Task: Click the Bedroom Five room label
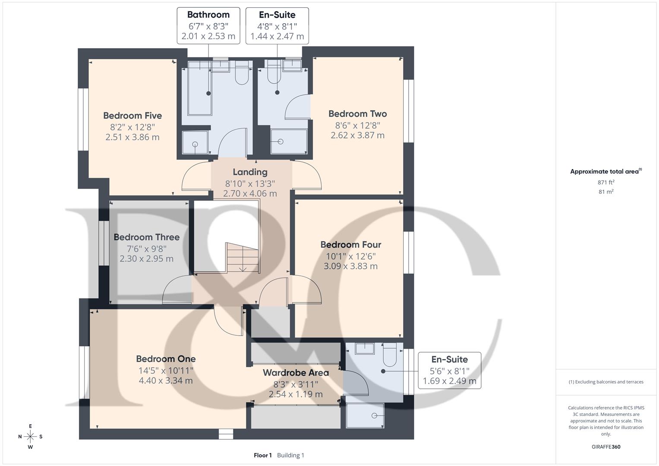pos(132,116)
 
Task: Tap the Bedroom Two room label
pos(357,114)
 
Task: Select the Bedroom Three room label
pos(146,237)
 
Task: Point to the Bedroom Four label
pos(350,245)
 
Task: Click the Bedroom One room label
pos(166,359)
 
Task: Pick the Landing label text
pos(250,172)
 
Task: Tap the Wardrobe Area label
pos(296,373)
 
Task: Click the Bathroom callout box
pos(208,25)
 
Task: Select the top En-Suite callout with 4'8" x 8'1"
pos(277,25)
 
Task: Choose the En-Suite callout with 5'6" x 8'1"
pos(449,370)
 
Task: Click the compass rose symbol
pos(30,437)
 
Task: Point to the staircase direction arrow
pos(243,268)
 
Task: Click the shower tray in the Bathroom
pos(195,143)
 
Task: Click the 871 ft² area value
pos(606,183)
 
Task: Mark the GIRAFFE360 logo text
pos(606,447)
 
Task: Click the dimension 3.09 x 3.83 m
pos(350,266)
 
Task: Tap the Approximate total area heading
pos(605,172)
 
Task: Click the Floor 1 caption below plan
pos(262,455)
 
